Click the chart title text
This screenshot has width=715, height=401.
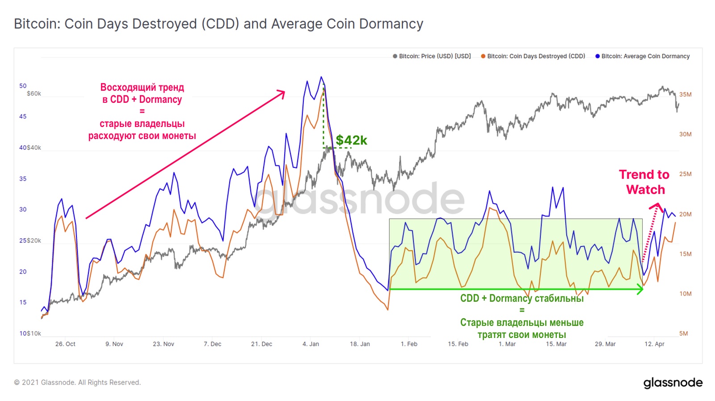click(x=219, y=24)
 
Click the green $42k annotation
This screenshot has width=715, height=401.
click(x=351, y=140)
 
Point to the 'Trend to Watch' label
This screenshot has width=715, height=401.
click(x=644, y=182)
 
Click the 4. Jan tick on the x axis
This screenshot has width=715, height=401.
click(x=311, y=344)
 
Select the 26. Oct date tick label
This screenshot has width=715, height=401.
click(x=65, y=344)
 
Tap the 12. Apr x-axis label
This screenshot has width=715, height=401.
click(x=654, y=344)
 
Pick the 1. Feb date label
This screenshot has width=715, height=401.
click(x=409, y=344)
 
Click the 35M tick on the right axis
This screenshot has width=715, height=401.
click(x=685, y=94)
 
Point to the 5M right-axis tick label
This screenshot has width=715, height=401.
click(x=683, y=333)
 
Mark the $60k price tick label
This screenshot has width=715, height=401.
click(x=34, y=93)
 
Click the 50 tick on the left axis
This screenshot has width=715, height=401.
click(x=23, y=86)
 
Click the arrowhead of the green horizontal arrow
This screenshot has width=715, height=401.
click(x=641, y=289)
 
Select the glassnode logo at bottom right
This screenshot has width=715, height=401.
click(x=673, y=383)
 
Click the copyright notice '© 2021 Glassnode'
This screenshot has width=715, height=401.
click(x=77, y=382)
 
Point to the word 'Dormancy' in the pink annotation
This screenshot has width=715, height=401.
click(x=160, y=99)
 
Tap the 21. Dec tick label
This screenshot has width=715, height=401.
click(x=261, y=344)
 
